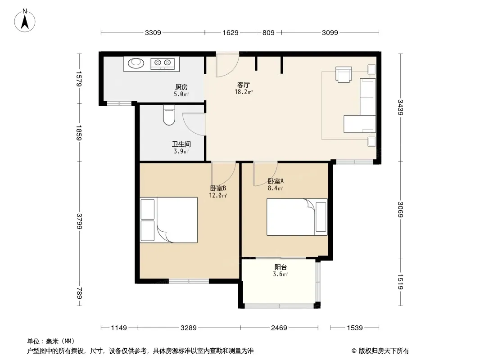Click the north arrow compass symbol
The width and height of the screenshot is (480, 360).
(x=25, y=21)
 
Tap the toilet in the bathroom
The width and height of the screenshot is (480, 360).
(x=169, y=115)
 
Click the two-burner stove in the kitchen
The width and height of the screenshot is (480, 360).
(x=163, y=63)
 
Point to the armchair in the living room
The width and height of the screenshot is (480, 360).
(x=344, y=74)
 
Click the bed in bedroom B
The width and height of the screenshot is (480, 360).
(x=169, y=220)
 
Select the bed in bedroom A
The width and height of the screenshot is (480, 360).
(x=297, y=217)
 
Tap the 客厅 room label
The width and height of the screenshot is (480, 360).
(x=243, y=85)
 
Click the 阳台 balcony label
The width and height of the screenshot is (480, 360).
(x=281, y=267)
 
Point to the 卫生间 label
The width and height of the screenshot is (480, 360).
(x=181, y=144)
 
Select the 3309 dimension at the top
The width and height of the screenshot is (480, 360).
(x=153, y=32)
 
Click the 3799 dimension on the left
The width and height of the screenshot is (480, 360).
(x=79, y=221)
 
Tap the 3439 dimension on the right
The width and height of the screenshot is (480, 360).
(x=400, y=108)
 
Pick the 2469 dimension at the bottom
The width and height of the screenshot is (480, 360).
(x=279, y=328)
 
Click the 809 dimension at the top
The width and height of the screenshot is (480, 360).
(x=268, y=32)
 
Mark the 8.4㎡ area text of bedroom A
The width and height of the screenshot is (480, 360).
(x=275, y=189)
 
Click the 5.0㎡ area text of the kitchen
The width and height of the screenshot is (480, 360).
(x=181, y=94)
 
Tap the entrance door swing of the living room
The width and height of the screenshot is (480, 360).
(x=227, y=65)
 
